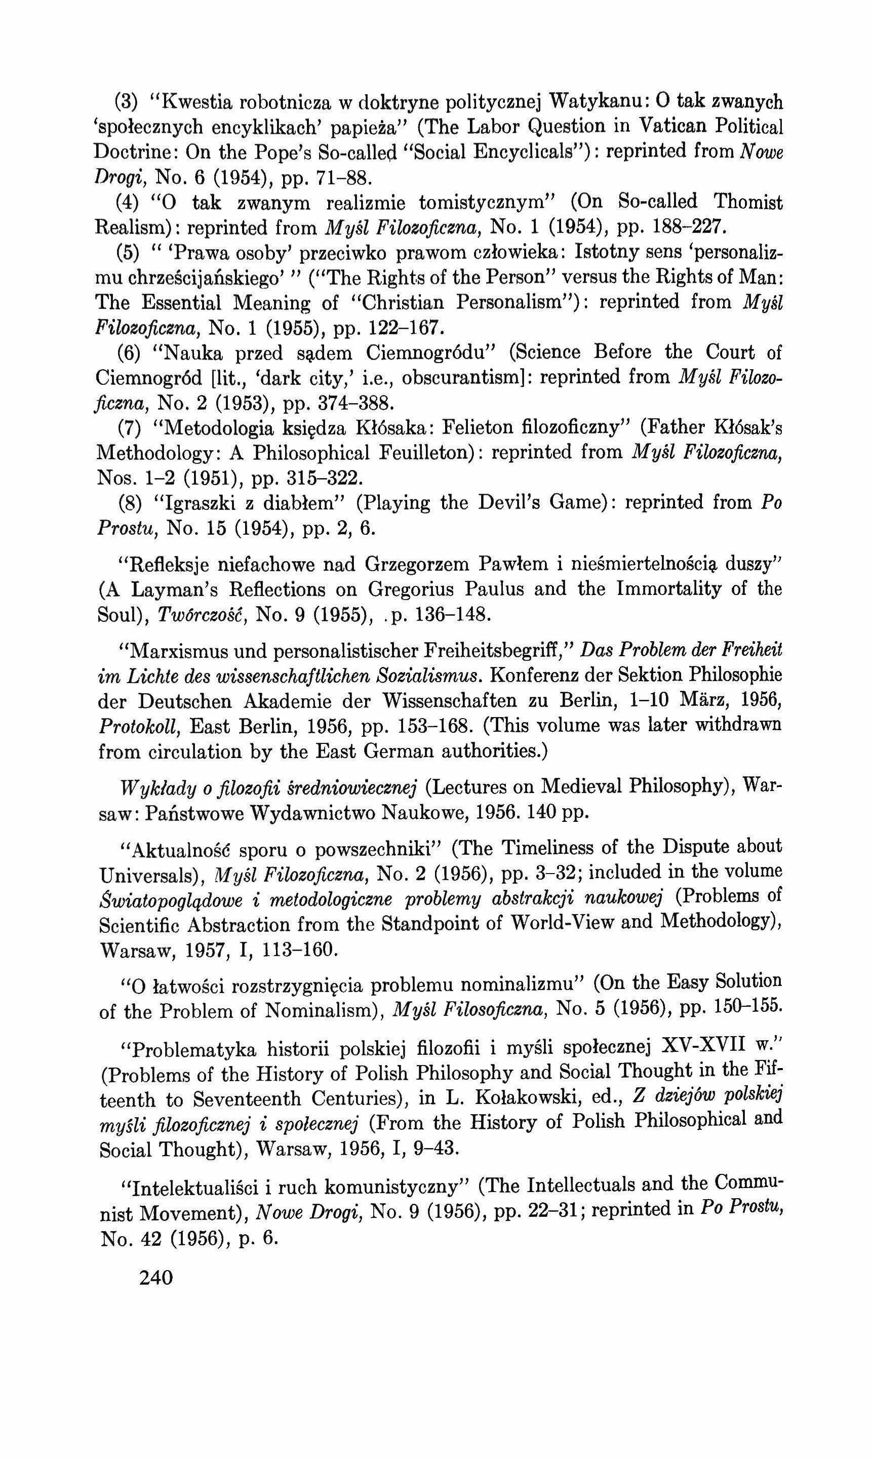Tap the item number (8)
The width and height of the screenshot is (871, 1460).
(128, 503)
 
